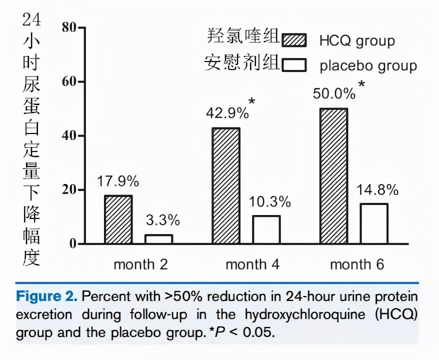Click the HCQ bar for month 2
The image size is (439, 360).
[118, 219]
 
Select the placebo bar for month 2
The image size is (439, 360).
[158, 239]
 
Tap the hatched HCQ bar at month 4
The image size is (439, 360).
[225, 185]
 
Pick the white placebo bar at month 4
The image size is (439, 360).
[266, 229]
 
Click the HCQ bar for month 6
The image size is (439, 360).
[333, 176]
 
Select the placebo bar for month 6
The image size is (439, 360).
[373, 223]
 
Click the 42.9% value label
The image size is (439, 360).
[227, 112]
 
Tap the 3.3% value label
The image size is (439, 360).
[162, 220]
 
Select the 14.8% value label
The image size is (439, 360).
[377, 190]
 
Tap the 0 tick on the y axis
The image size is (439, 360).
[72, 244]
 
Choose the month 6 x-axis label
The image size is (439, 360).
[357, 264]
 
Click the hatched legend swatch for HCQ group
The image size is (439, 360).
[294, 40]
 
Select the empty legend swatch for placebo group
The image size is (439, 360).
[294, 65]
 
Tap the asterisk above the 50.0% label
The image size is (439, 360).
[361, 84]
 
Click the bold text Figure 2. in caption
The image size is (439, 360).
[46, 296]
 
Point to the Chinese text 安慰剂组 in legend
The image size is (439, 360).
[241, 63]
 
